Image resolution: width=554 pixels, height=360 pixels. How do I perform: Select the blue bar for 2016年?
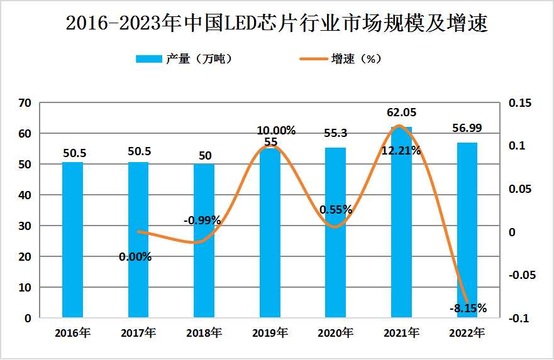point(72,239)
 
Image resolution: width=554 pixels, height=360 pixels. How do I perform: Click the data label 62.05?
point(401,112)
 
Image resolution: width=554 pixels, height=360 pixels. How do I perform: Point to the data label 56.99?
point(467,128)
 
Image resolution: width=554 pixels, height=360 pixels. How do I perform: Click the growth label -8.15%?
point(467,308)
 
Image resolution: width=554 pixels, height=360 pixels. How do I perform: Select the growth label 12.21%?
point(401,150)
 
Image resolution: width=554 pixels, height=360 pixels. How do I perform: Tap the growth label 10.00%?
point(276,131)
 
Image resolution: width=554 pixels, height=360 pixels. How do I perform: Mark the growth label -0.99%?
point(202,220)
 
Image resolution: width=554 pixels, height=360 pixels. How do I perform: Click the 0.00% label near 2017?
point(135,256)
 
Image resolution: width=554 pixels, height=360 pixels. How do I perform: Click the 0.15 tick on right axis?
point(519,102)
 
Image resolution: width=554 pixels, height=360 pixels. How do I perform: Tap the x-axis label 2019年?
point(270,333)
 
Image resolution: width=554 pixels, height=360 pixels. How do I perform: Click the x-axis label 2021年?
point(401,333)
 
